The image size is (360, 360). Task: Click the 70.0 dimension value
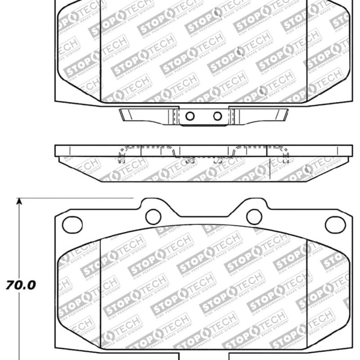[x=21, y=285]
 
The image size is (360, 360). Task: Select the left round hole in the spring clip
[x=190, y=117]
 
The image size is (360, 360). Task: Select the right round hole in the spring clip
[x=217, y=117]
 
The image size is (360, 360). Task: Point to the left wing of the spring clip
[x=144, y=115]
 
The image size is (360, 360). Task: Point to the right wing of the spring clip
[x=259, y=115]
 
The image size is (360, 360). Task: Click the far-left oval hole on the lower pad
[x=72, y=224]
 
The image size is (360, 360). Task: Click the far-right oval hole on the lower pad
[x=335, y=224]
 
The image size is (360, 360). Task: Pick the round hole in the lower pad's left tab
[x=153, y=216]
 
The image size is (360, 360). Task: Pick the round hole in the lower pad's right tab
[x=254, y=216]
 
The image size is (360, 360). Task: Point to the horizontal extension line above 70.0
[x=76, y=198]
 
